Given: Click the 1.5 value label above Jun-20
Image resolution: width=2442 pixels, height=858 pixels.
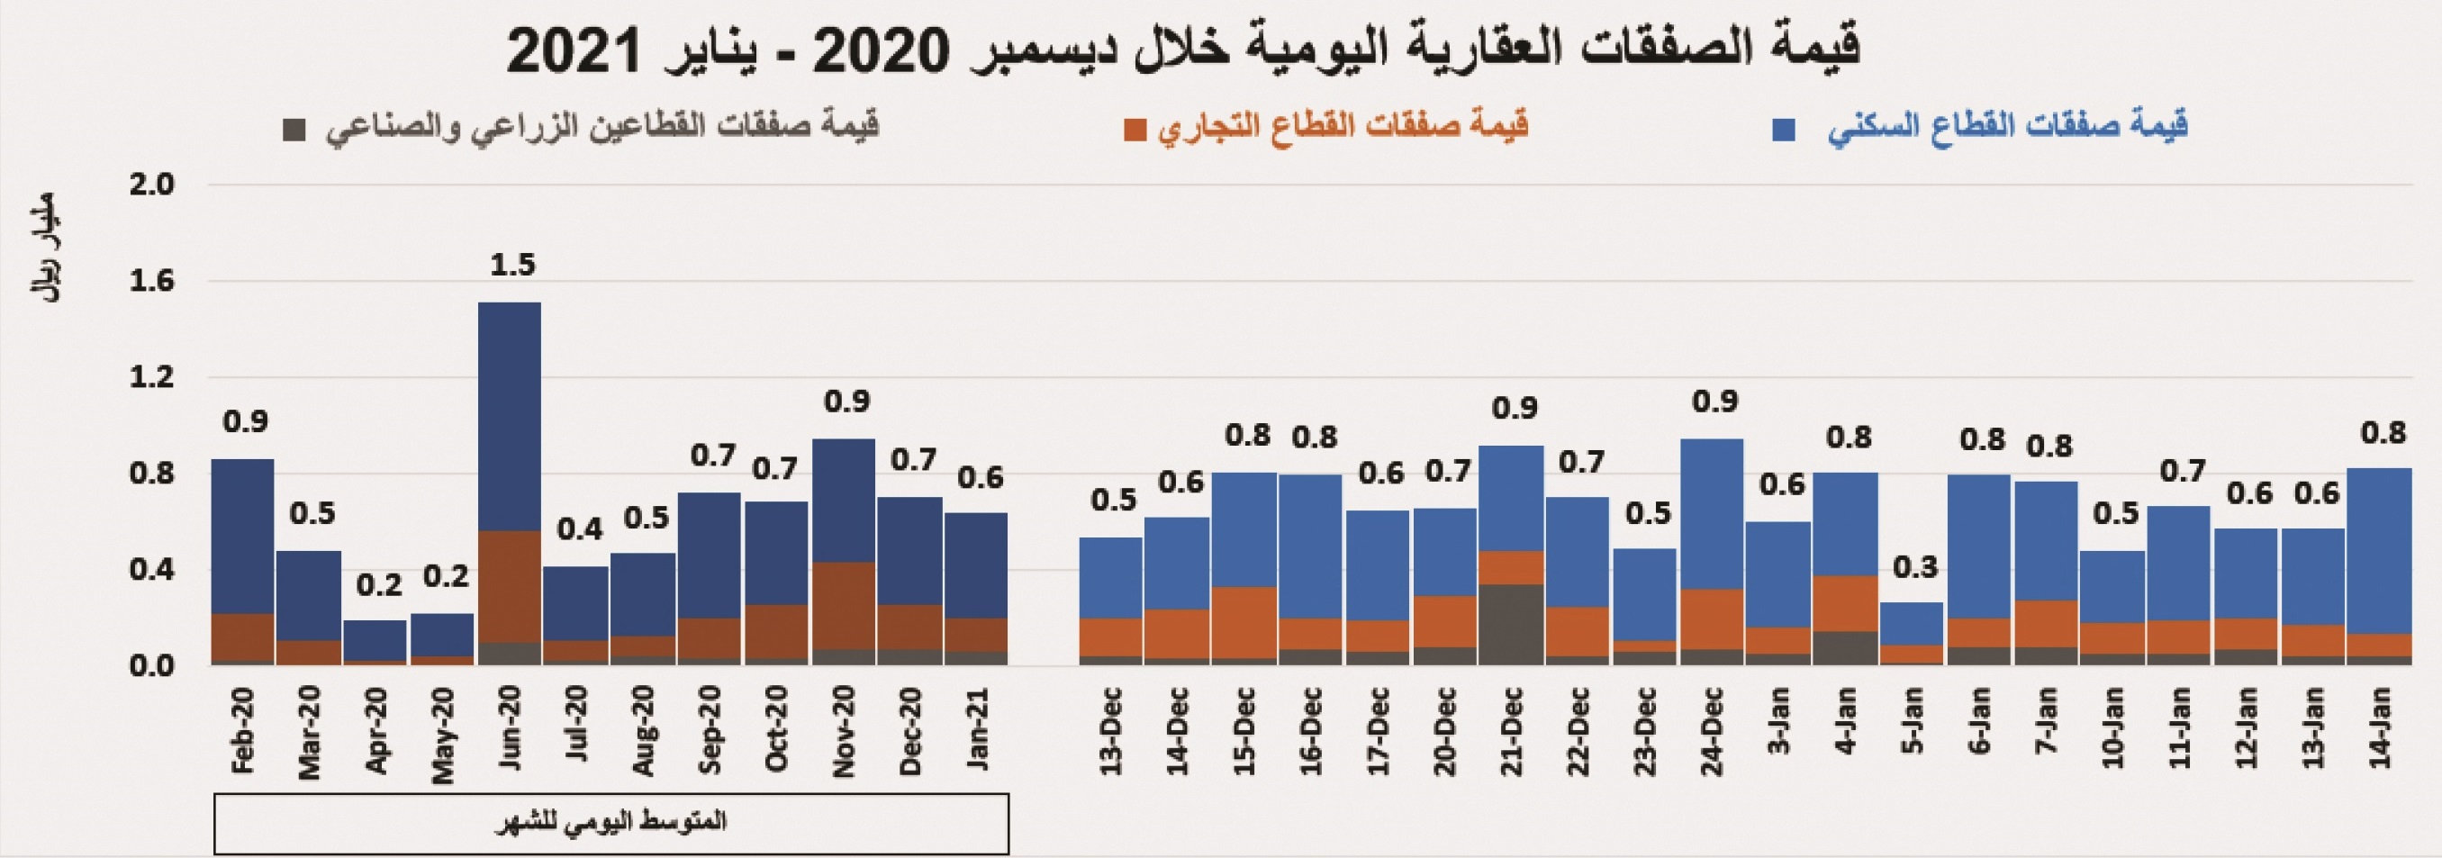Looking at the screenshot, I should coord(512,266).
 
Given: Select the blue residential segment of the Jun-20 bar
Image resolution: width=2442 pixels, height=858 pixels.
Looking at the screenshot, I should coord(509,417).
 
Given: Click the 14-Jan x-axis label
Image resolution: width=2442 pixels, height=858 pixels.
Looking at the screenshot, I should coord(2381,728).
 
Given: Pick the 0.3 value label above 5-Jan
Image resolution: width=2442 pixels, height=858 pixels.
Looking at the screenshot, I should coord(1915,568).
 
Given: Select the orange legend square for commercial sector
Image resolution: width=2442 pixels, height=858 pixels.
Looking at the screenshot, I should coord(1134,131).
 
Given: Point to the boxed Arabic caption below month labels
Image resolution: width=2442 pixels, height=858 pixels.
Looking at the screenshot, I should coord(611,822).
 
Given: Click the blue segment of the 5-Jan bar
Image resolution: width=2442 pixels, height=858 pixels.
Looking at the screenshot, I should coord(1911,623).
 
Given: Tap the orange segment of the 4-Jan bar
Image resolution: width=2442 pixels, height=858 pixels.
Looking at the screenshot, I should coord(1845,603).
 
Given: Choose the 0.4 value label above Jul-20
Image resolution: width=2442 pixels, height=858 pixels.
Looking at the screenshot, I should coord(578,529).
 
